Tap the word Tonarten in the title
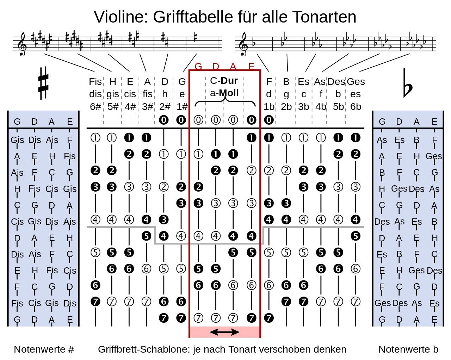tap(324, 17)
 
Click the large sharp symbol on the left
tap(43, 83)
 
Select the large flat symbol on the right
tap(408, 83)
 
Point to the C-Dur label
tap(224, 81)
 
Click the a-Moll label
tap(224, 93)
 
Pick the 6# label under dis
tap(95, 107)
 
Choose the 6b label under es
tap(356, 107)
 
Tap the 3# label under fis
tap(147, 107)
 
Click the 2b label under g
tap(286, 107)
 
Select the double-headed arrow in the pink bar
tap(224, 332)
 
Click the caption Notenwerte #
tap(44, 349)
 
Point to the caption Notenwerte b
tap(408, 349)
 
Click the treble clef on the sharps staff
tap(22, 44)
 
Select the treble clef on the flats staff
tap(244, 44)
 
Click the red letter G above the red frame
tap(198, 67)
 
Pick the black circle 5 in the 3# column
tap(146, 236)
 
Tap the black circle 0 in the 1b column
tap(269, 120)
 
